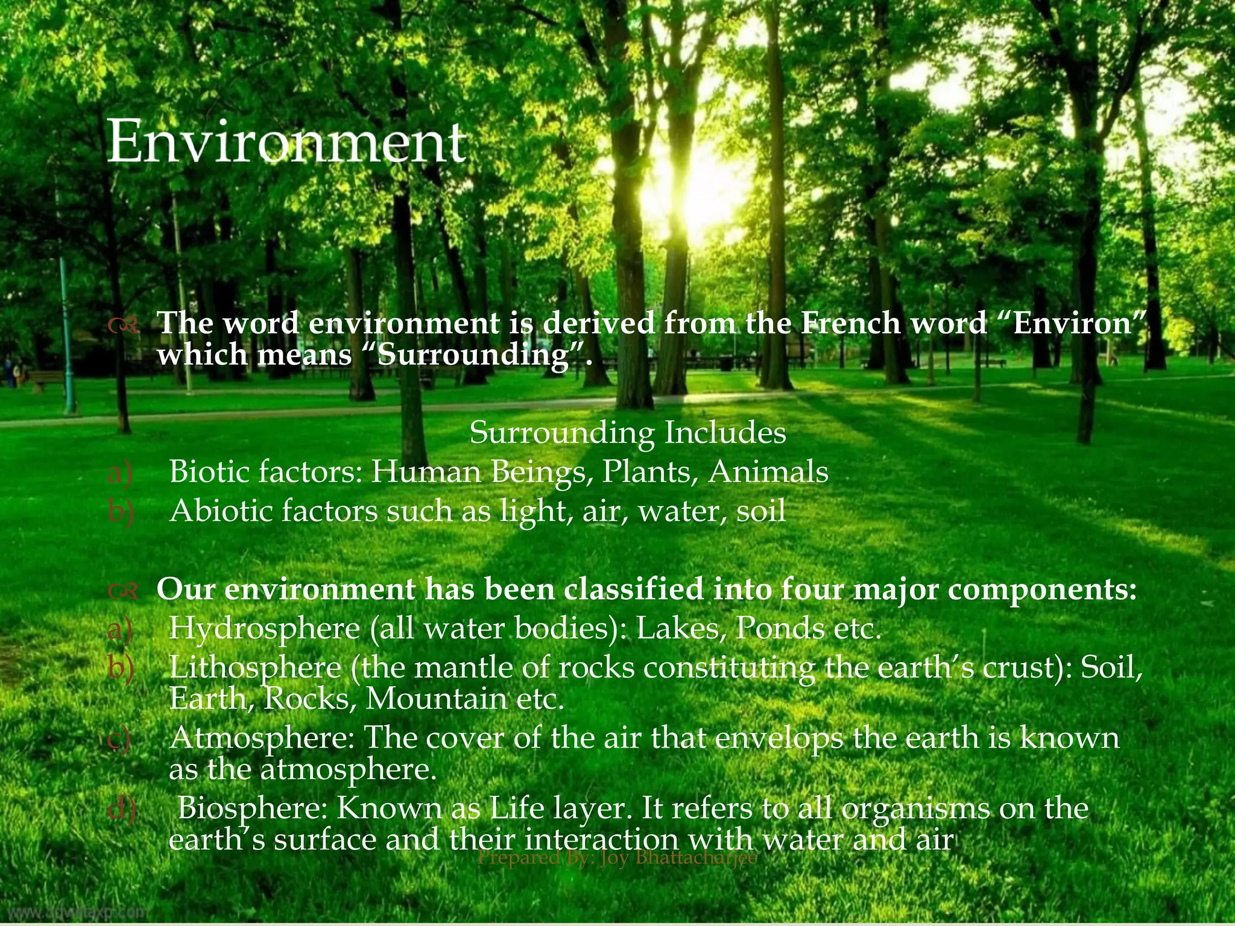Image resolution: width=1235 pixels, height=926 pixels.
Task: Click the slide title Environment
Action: pos(287,142)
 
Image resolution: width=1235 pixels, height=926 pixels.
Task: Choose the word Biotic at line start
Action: pos(209,471)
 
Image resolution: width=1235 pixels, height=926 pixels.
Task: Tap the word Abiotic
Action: pos(221,511)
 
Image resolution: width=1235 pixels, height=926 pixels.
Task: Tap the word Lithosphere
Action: pos(255,668)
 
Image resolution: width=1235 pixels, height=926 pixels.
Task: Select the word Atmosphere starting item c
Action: pos(262,738)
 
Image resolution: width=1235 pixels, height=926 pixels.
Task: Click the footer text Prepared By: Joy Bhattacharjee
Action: pos(617,857)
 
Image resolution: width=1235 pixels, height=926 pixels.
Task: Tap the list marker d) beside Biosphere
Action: pos(120,808)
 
